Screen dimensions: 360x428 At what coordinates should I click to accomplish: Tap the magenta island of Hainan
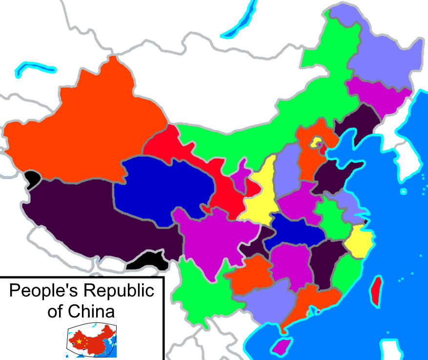[x=280, y=347]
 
